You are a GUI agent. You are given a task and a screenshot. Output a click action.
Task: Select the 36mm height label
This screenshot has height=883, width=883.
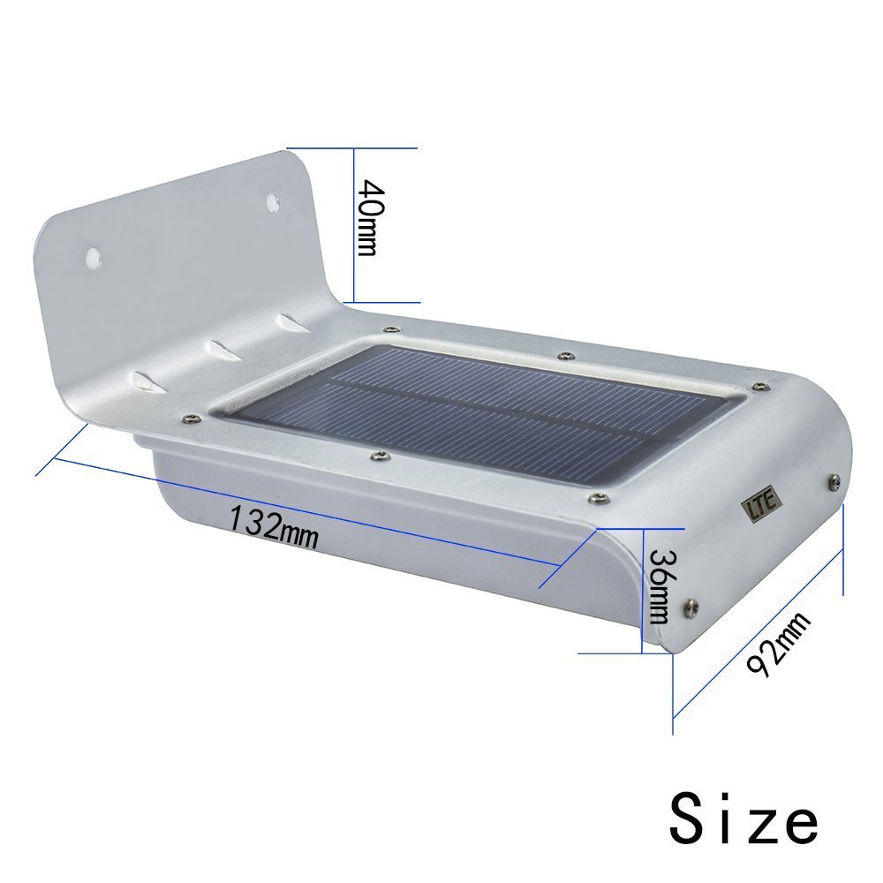coord(660,585)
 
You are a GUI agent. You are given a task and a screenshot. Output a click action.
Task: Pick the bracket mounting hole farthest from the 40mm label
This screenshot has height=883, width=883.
coord(94,257)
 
